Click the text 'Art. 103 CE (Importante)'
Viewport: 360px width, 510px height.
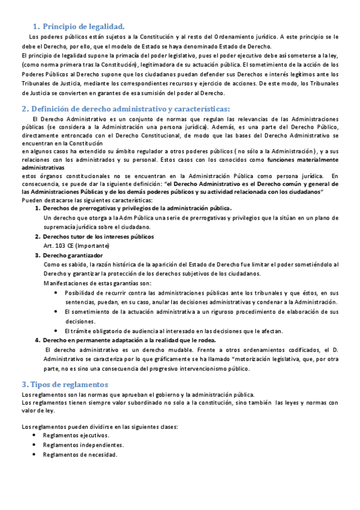coord(76,246)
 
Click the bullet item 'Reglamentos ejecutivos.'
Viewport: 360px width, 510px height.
coord(76,435)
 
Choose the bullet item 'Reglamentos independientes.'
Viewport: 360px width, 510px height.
coord(84,444)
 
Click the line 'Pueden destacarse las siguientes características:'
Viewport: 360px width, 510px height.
coord(87,200)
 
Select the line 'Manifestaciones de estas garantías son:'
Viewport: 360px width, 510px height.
coord(98,283)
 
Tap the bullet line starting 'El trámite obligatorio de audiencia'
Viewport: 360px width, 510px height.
coord(174,331)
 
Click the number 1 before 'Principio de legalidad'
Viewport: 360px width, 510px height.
coord(35,26)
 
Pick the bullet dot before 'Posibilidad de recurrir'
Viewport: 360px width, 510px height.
coord(56,292)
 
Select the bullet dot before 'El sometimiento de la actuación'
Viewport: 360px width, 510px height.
coord(56,312)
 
